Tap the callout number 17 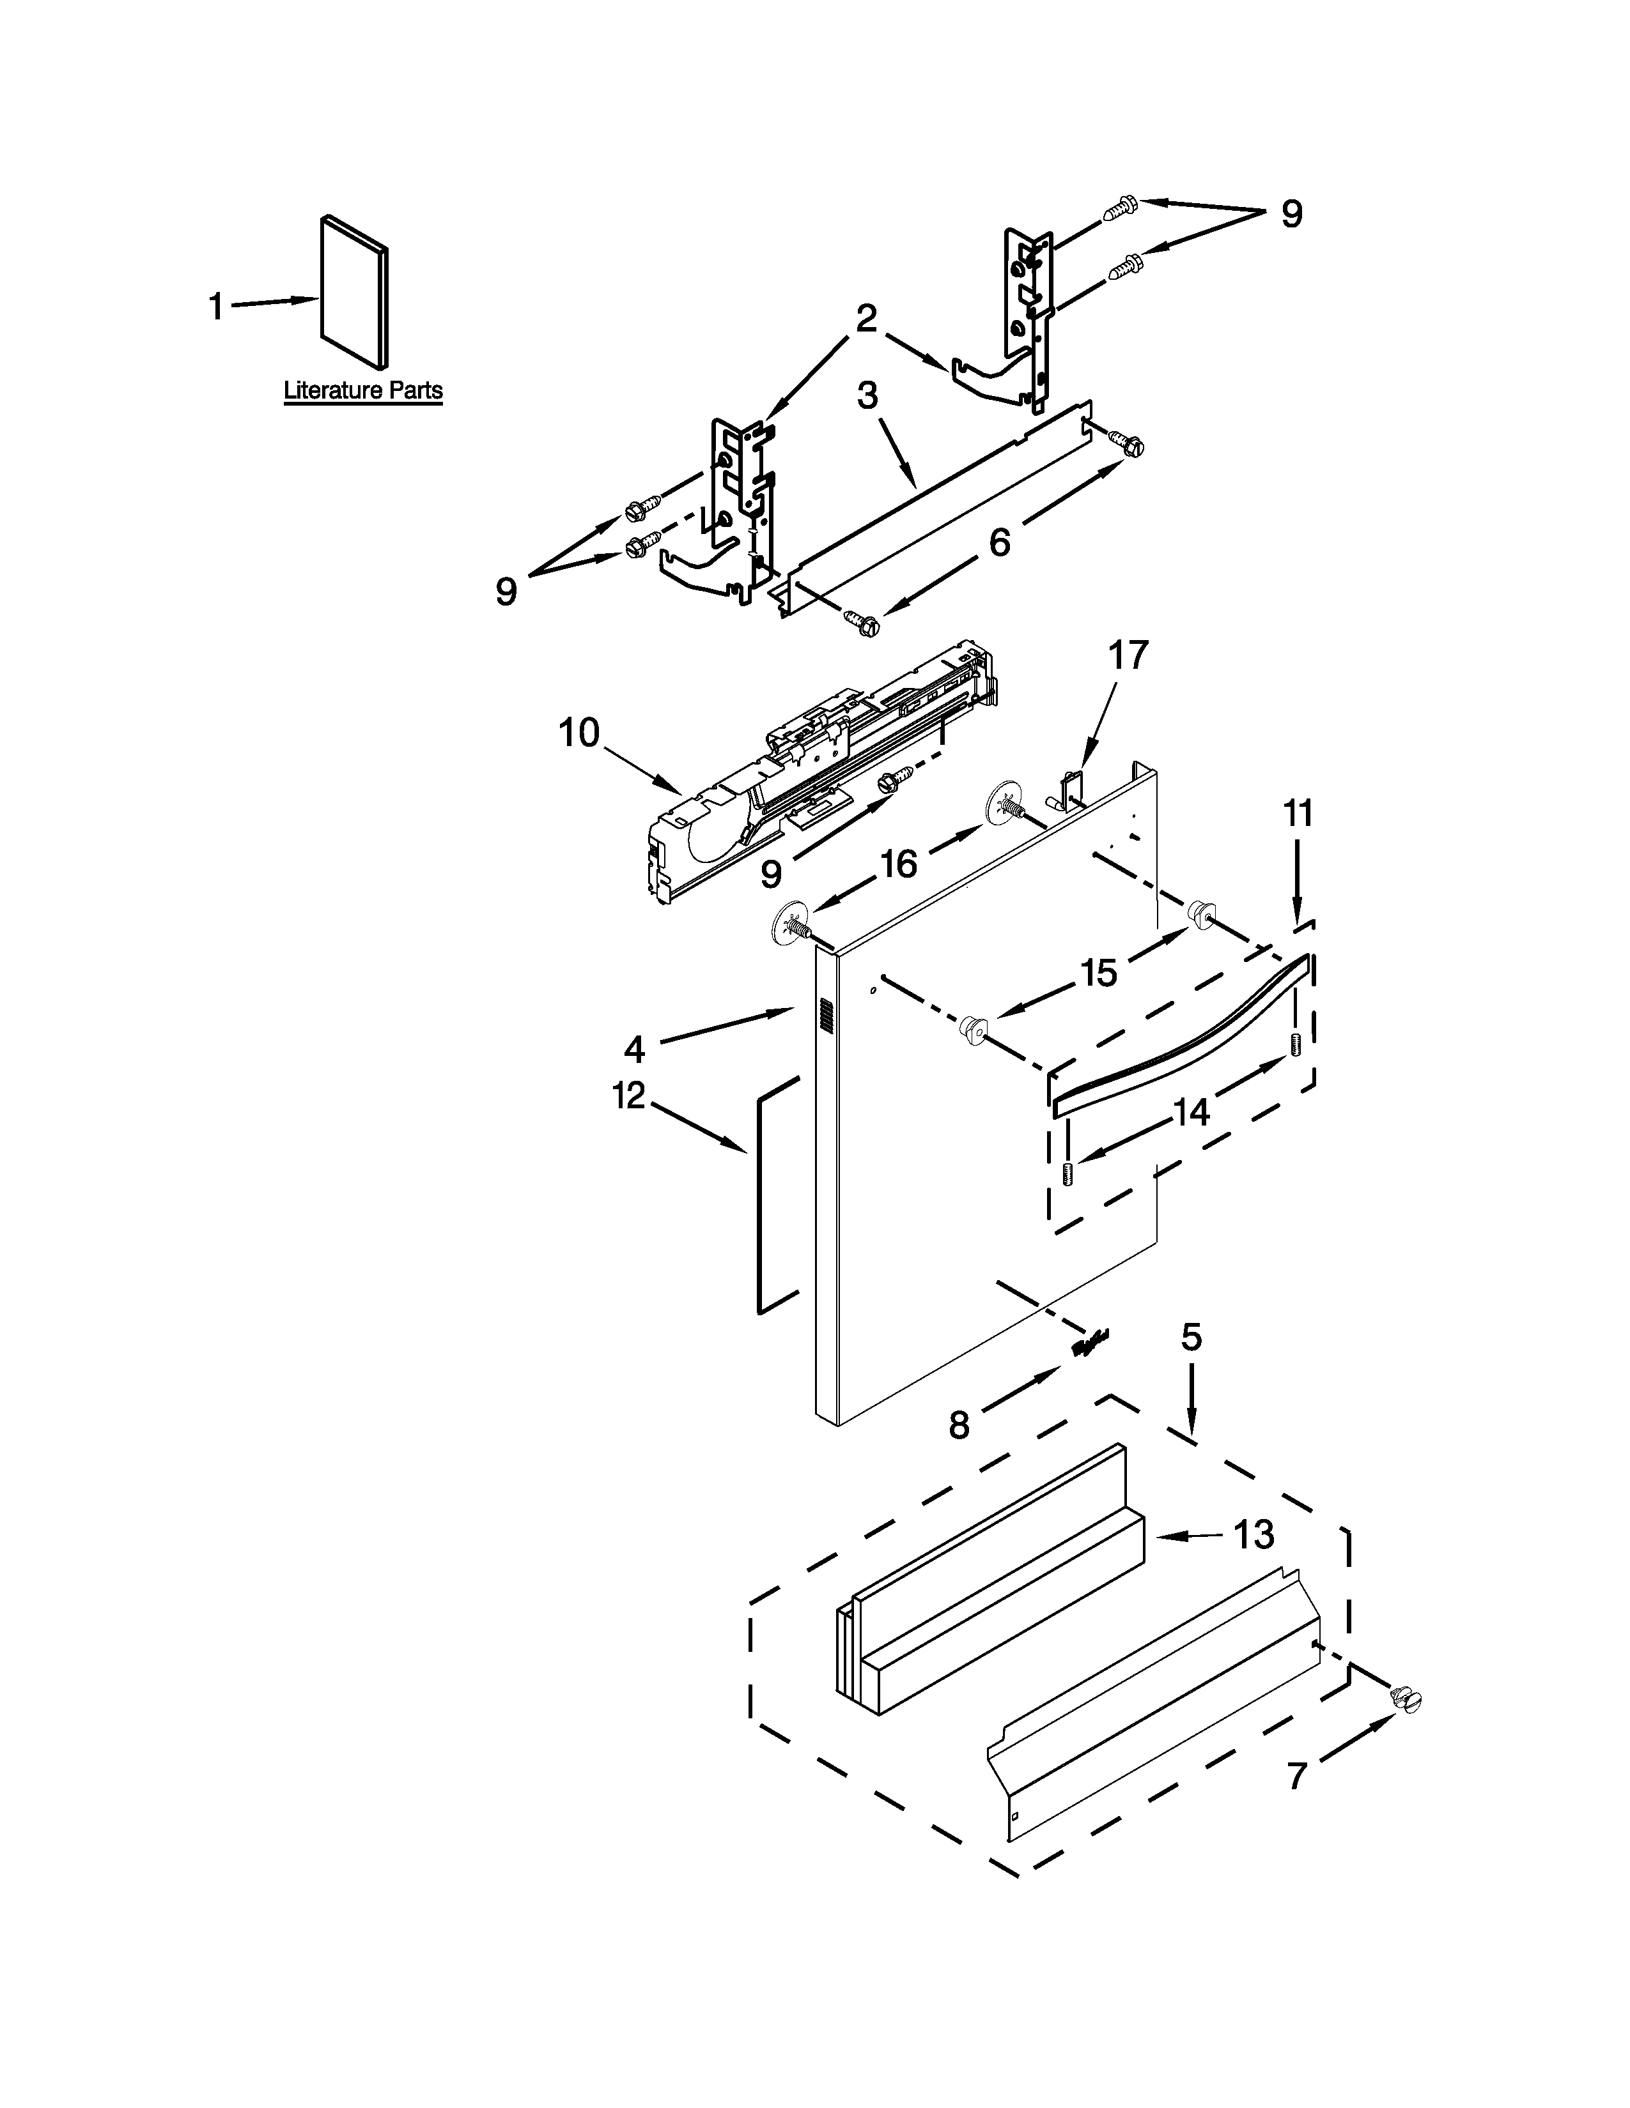1127,655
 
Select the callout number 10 579,733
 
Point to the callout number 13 1254,1534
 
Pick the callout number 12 628,1096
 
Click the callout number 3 867,396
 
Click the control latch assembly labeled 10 821,772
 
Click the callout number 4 633,1048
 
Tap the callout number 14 1191,1113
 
